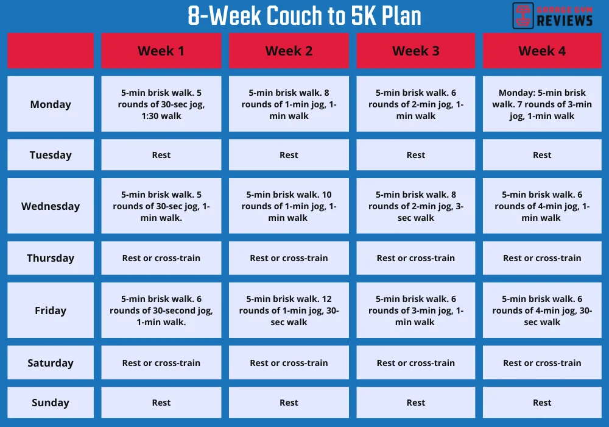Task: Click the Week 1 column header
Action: [161, 51]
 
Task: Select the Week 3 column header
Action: [415, 51]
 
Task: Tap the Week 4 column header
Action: [542, 51]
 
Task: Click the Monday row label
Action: [51, 104]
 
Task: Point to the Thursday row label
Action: [51, 258]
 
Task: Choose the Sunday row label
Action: [51, 403]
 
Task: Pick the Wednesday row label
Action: [51, 206]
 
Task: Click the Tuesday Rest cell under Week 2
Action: [289, 155]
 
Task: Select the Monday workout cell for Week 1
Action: [161, 104]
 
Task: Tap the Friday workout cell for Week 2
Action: [289, 310]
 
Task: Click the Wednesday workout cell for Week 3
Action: [415, 206]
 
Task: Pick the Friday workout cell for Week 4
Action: [542, 310]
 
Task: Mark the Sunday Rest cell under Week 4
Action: [542, 403]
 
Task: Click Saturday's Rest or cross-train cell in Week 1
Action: [161, 363]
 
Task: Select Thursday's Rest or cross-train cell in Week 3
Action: [415, 258]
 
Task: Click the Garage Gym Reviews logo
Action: [552, 16]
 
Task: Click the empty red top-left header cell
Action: [51, 51]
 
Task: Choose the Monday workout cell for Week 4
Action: [542, 104]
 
